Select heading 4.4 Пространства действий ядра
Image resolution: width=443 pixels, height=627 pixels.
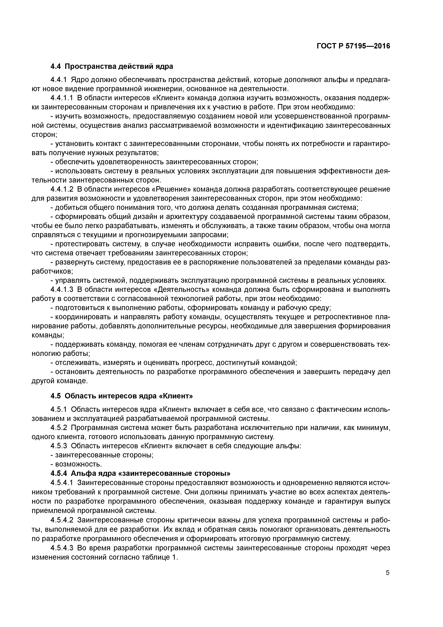click(112, 66)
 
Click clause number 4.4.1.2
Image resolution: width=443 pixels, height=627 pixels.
click(62, 189)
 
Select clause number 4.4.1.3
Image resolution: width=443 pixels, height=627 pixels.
click(62, 289)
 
